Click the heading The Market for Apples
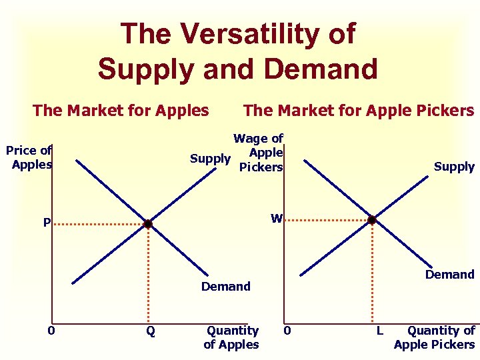[121, 110]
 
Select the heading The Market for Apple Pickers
[359, 110]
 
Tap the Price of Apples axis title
[30, 157]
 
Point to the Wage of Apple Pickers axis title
[259, 153]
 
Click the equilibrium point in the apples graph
[148, 224]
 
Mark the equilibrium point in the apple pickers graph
[372, 219]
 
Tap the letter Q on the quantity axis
[151, 331]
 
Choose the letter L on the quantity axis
[379, 331]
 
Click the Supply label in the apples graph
[210, 159]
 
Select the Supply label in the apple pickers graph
[454, 167]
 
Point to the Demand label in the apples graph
[225, 287]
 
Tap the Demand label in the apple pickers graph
[449, 274]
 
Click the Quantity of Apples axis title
[232, 337]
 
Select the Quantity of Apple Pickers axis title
[435, 337]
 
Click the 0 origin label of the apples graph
[51, 330]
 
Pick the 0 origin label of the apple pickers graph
[286, 330]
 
